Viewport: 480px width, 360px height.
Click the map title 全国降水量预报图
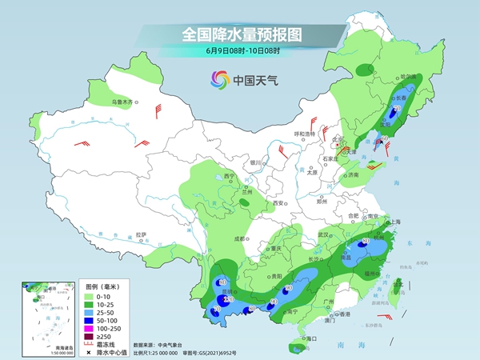242,34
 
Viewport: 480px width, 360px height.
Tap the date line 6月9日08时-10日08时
242,53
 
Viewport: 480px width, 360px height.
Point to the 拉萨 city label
142,234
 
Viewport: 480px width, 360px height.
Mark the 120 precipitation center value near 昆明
228,299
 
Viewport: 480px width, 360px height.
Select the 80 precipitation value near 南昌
365,241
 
